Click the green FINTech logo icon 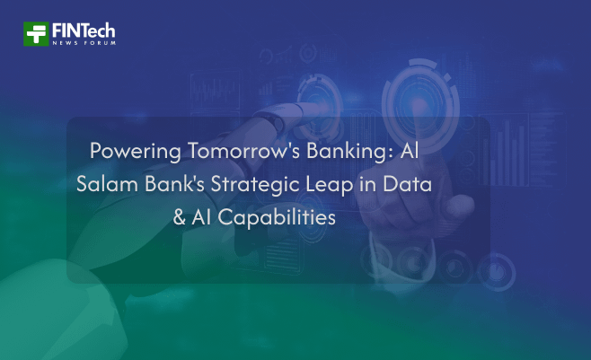(36, 33)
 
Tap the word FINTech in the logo (84, 29)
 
